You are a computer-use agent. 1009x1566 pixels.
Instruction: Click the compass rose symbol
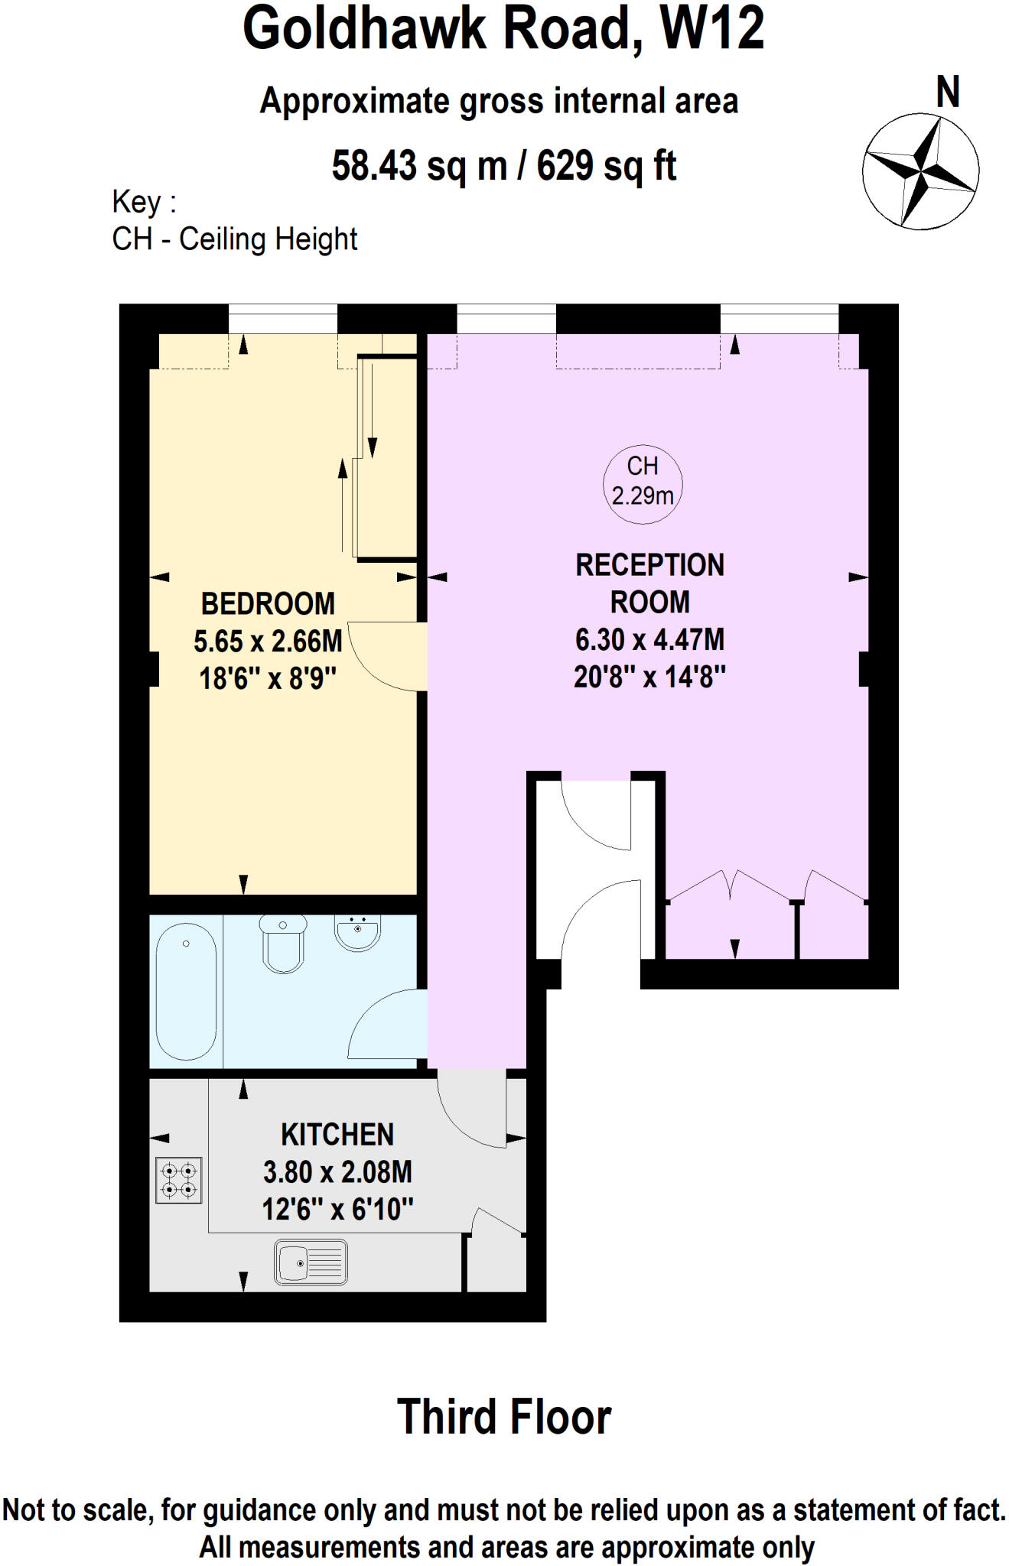[920, 171]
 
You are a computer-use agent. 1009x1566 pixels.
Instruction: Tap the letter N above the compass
[948, 93]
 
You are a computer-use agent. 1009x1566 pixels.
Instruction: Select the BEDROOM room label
[268, 604]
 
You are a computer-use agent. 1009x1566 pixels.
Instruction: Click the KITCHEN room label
[337, 1135]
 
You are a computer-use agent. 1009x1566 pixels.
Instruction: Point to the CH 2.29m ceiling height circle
[643, 483]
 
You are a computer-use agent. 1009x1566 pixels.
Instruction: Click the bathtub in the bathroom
[187, 991]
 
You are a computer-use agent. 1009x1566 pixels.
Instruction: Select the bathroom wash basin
[357, 932]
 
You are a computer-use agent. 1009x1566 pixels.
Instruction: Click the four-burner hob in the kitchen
[179, 1181]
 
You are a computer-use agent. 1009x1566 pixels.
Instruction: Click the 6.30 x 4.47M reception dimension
[649, 639]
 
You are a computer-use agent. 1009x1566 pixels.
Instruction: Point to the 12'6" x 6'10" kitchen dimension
[337, 1210]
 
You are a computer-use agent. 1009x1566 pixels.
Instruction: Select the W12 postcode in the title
[711, 29]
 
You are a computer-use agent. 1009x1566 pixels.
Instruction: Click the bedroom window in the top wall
[283, 318]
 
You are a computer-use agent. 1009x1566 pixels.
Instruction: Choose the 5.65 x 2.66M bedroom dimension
[268, 642]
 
